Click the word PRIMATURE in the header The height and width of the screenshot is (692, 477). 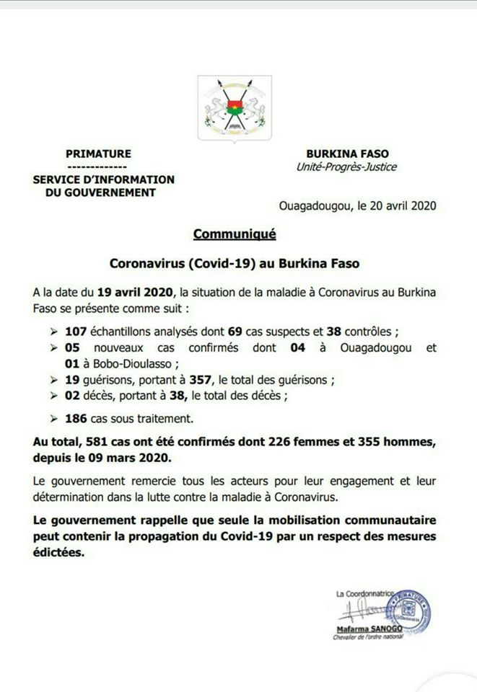(x=98, y=154)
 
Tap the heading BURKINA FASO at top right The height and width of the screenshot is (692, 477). (x=346, y=154)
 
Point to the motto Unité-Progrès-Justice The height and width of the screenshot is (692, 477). (x=346, y=167)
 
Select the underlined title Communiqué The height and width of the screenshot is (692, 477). (x=235, y=234)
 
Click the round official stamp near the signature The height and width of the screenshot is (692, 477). (x=408, y=608)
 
